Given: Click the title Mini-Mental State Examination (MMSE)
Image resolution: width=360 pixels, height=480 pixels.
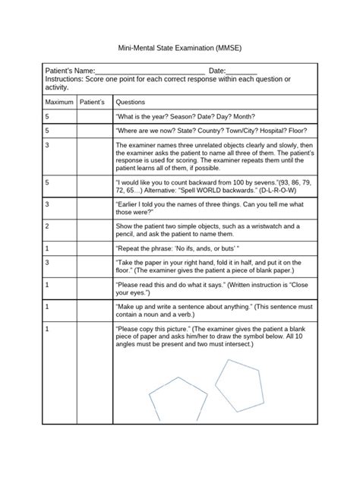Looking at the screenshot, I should [x=179, y=47].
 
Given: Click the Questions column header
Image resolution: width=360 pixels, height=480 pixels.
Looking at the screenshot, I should [x=130, y=102].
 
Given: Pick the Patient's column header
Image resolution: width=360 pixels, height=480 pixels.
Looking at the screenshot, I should [x=92, y=102].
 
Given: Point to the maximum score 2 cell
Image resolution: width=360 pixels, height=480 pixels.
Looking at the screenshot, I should [x=48, y=226].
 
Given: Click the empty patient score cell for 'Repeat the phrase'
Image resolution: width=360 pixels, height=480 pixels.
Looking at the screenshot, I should [x=92, y=248].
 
